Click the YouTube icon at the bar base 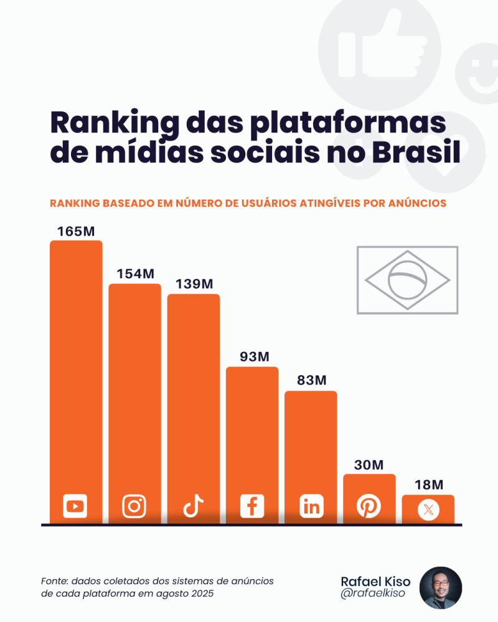pyautogui.click(x=75, y=506)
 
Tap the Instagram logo pyautogui.click(x=134, y=506)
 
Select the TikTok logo pyautogui.click(x=193, y=506)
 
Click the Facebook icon pyautogui.click(x=252, y=506)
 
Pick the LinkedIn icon pyautogui.click(x=311, y=506)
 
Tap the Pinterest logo pyautogui.click(x=369, y=506)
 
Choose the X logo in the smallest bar pyautogui.click(x=428, y=510)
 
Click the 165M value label pyautogui.click(x=76, y=231)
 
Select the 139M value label pyautogui.click(x=194, y=284)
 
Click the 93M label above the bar pyautogui.click(x=252, y=357)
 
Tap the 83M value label pyautogui.click(x=311, y=381)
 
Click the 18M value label pyautogui.click(x=428, y=485)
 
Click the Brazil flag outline pyautogui.click(x=407, y=280)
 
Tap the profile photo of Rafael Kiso pyautogui.click(x=441, y=587)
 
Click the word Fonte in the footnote pyautogui.click(x=54, y=581)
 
